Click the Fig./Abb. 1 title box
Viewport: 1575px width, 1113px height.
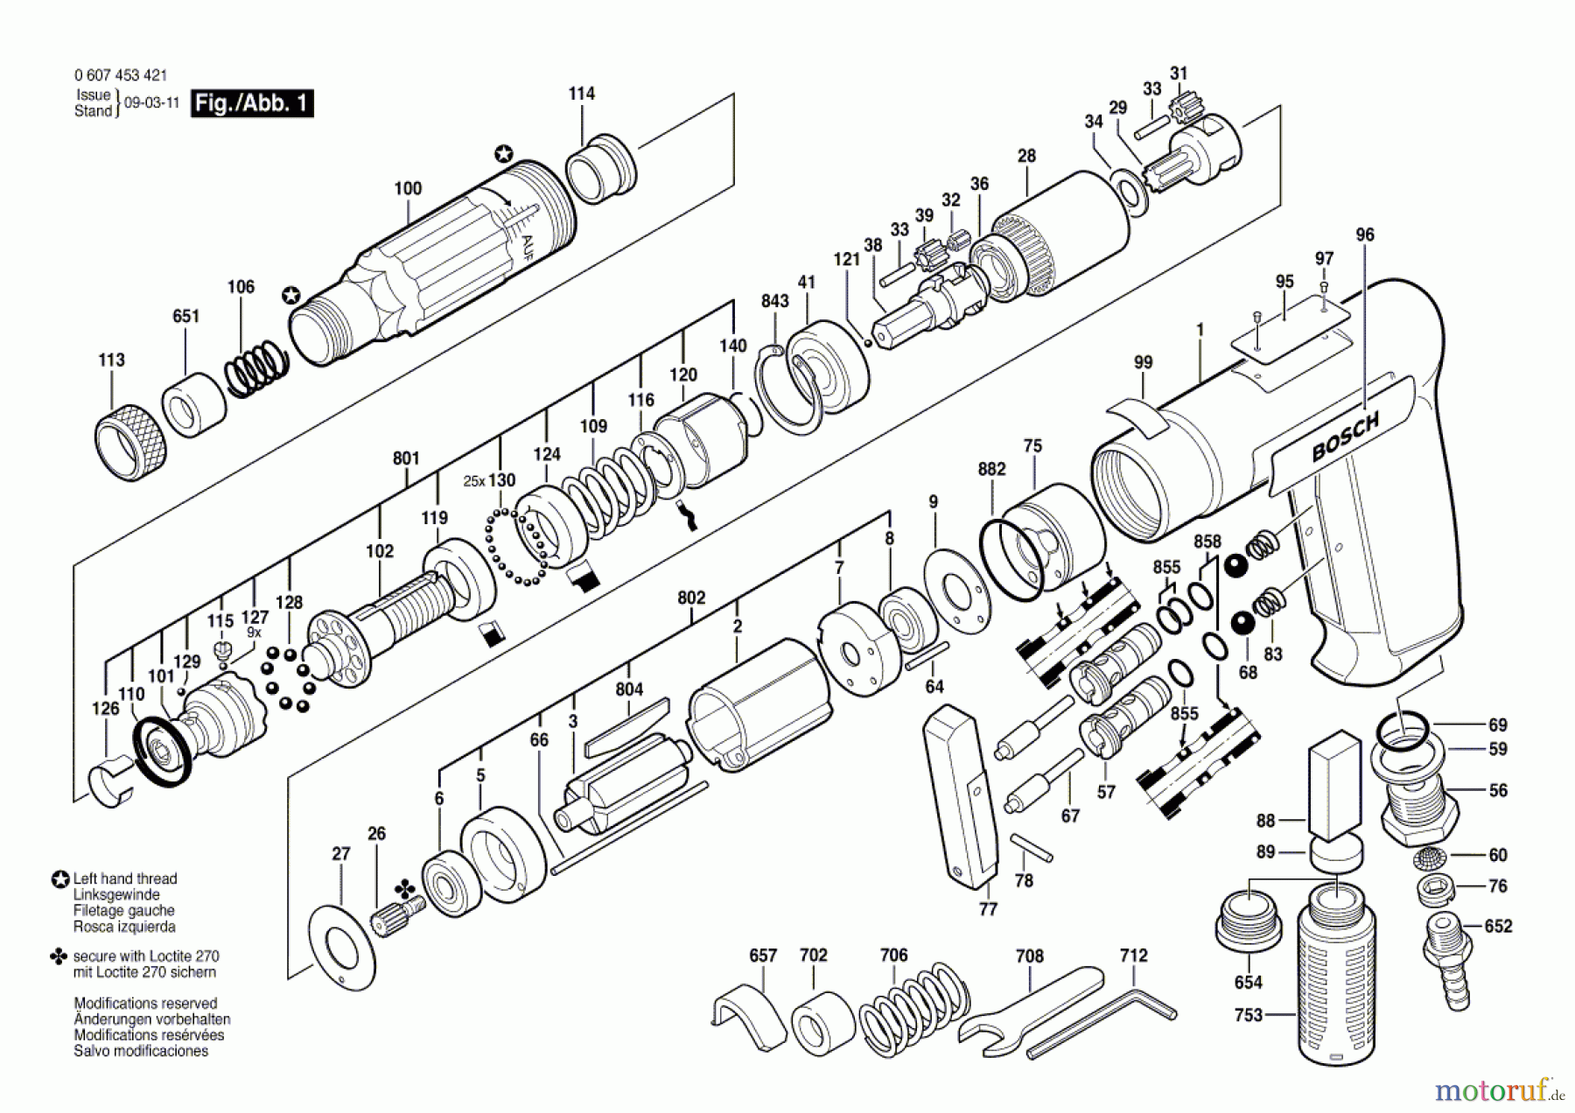tap(252, 103)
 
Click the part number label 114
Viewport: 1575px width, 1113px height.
tap(581, 94)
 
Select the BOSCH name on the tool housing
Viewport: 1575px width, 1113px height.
tap(1345, 437)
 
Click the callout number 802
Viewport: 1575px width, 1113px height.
tap(691, 598)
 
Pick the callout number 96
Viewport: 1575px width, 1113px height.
tap(1365, 234)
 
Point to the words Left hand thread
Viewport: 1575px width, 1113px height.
tap(124, 878)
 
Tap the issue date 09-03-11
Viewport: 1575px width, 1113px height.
tap(152, 102)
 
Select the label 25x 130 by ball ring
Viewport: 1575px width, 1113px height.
tap(489, 480)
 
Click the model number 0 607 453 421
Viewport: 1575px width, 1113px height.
tap(121, 75)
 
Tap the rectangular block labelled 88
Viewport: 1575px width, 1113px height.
tap(1334, 783)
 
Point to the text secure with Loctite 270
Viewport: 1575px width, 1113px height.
tap(145, 956)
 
